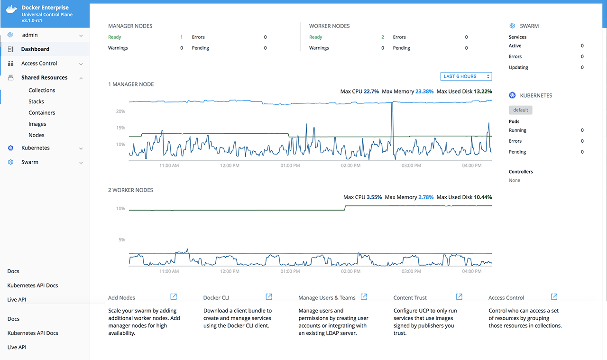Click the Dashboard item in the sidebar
35,49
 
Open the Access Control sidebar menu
39,64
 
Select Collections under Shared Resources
42,90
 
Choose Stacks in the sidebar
36,102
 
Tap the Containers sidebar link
42,113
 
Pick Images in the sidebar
37,124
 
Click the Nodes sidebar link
36,135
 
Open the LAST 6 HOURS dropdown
466,76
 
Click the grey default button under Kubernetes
521,110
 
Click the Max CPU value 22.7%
371,92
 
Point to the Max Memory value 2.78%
426,197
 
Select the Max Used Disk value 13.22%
483,92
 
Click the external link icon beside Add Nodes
174,297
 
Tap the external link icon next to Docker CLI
269,297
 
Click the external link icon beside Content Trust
459,297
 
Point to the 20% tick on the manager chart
120,111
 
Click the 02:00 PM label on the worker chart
350,272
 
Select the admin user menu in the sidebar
30,35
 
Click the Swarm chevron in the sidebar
81,163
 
